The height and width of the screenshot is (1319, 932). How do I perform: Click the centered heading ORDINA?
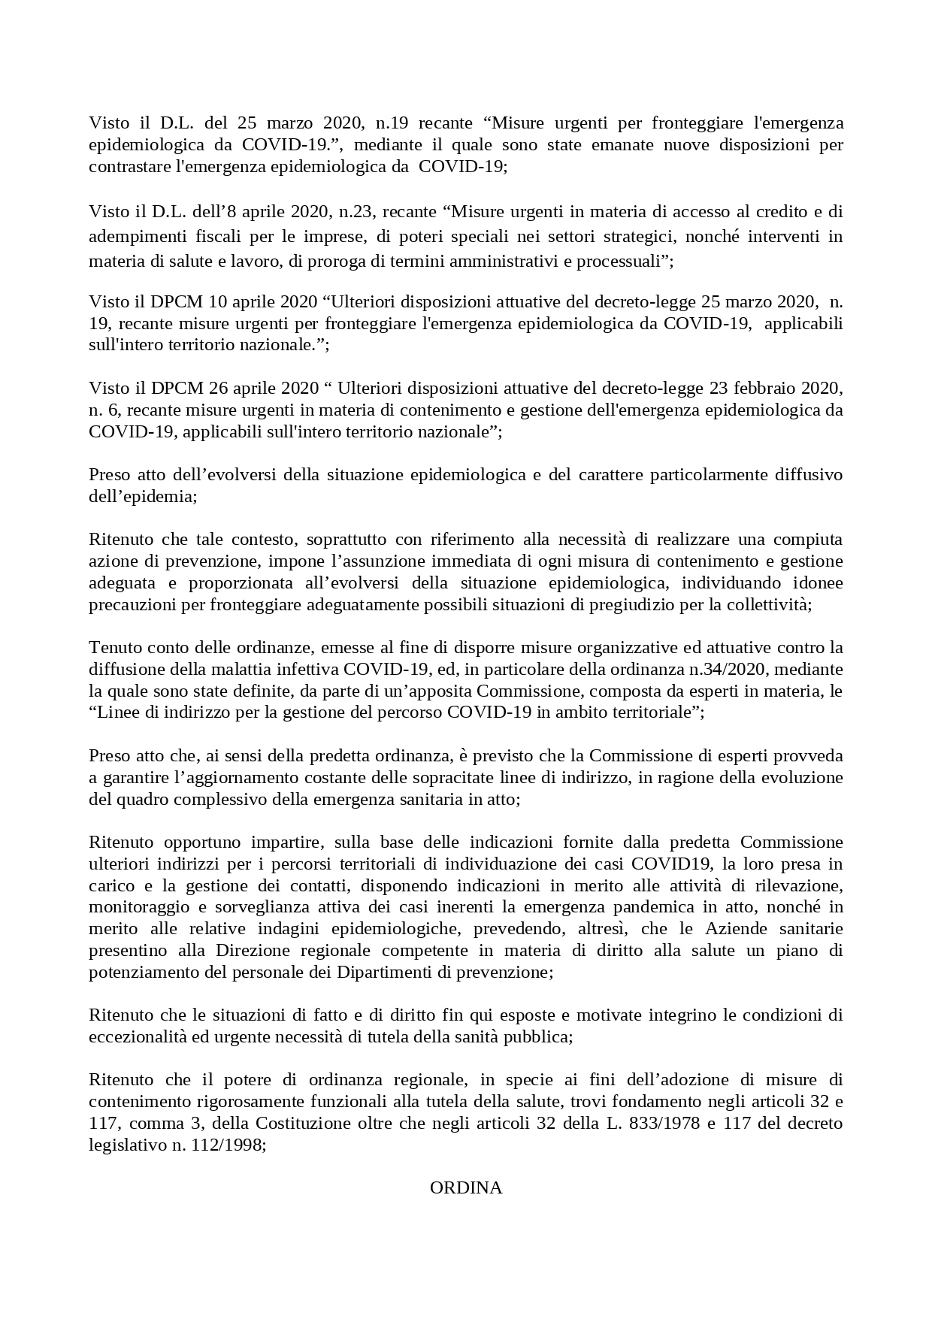tap(466, 1187)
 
